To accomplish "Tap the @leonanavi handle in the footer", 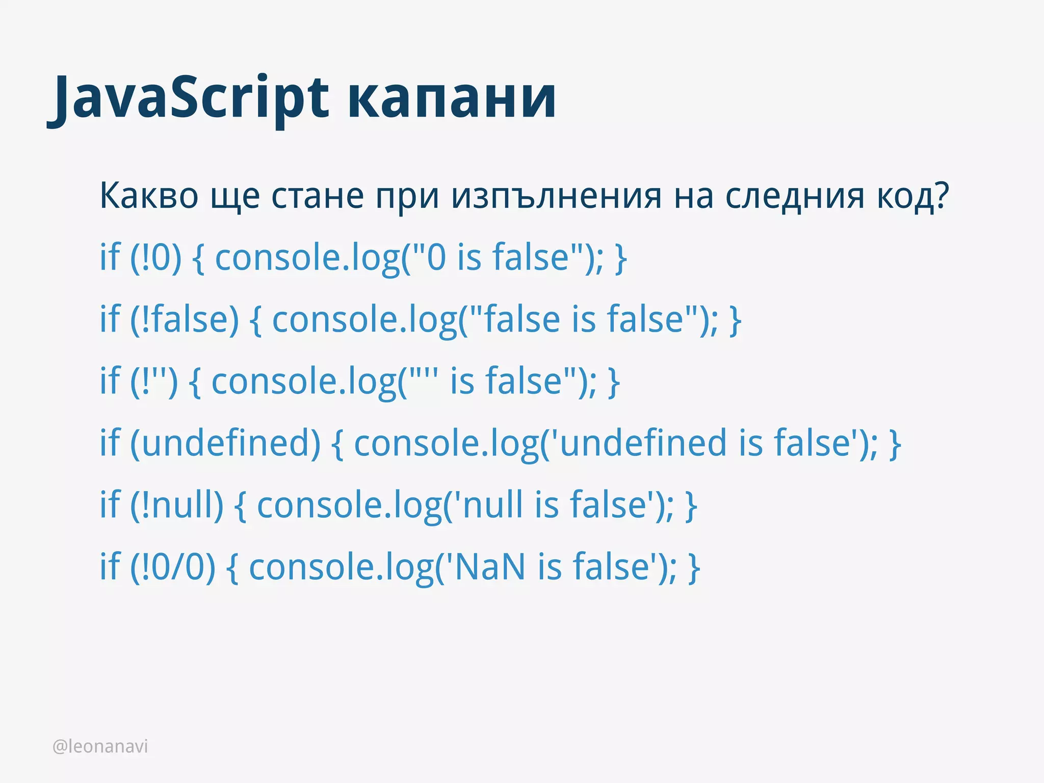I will coord(100,746).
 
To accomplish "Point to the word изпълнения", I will coord(556,197).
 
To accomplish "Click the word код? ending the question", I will coord(913,197).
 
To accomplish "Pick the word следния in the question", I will coord(795,197).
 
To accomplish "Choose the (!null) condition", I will coord(177,505).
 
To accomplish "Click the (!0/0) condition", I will coord(173,567).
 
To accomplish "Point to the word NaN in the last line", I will coord(489,567).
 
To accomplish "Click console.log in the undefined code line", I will coord(446,443).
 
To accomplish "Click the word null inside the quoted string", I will coord(492,505).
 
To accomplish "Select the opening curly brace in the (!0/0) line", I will coord(232,568).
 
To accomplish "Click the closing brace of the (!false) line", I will coord(735,320).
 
